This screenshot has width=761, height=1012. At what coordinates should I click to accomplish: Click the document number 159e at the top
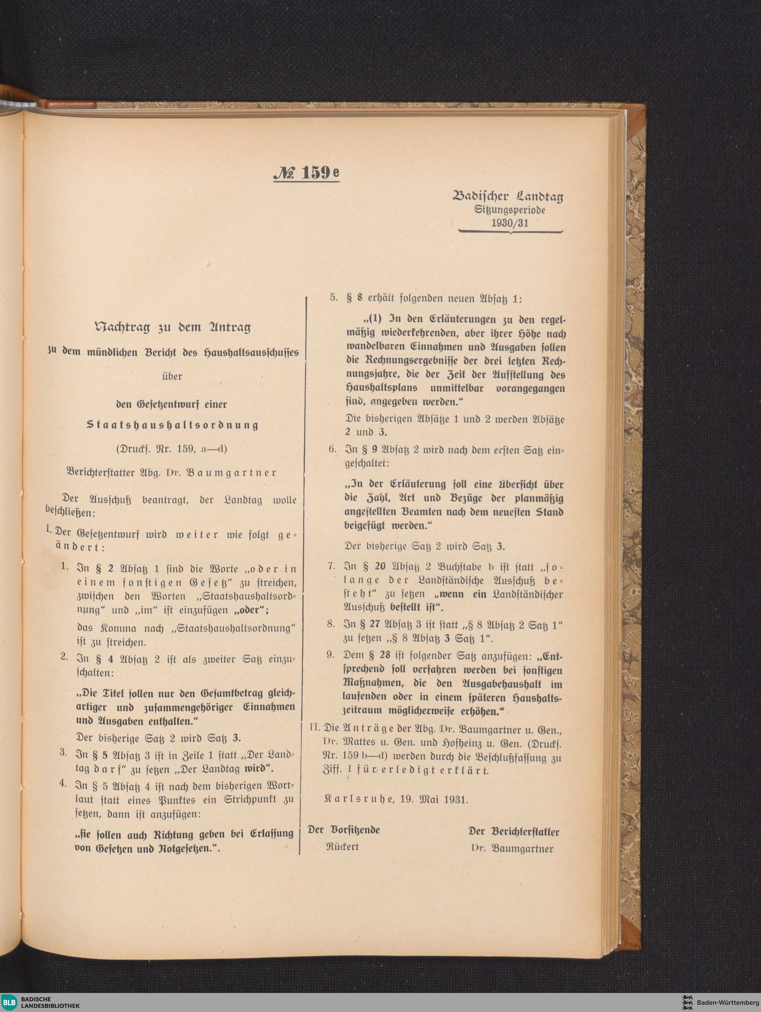tap(306, 173)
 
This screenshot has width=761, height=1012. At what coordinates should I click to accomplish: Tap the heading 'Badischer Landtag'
tap(508, 197)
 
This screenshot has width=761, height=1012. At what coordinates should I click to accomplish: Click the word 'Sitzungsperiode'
tap(510, 210)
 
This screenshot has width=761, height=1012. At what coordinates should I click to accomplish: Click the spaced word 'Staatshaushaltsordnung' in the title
tap(172, 425)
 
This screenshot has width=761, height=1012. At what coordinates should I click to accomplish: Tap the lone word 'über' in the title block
tap(172, 377)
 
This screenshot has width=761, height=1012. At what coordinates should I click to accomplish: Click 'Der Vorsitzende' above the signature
tap(344, 830)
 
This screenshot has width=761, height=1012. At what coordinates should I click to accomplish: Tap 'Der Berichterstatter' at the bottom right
tap(513, 831)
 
